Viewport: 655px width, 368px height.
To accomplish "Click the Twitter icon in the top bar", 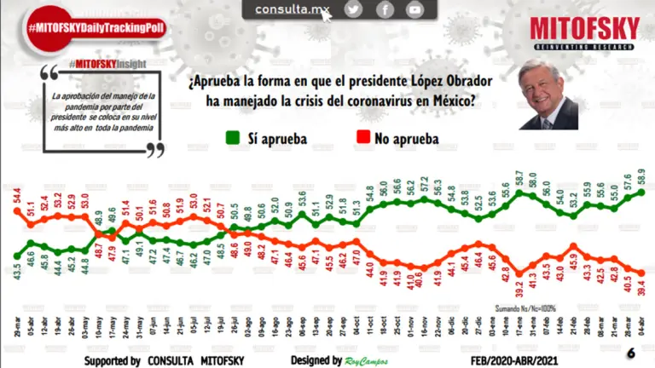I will click(353, 9).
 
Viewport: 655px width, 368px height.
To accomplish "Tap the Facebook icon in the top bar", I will click(385, 9).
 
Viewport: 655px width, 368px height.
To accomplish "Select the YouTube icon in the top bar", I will click(414, 9).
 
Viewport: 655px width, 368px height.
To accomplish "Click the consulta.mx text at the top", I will click(293, 9).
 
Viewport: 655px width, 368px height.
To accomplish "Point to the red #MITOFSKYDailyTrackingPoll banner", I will click(96, 28).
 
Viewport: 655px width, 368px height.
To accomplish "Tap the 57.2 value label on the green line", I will click(424, 184).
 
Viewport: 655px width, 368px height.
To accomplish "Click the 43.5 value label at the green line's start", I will click(17, 273).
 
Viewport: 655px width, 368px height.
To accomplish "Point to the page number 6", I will click(630, 354).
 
